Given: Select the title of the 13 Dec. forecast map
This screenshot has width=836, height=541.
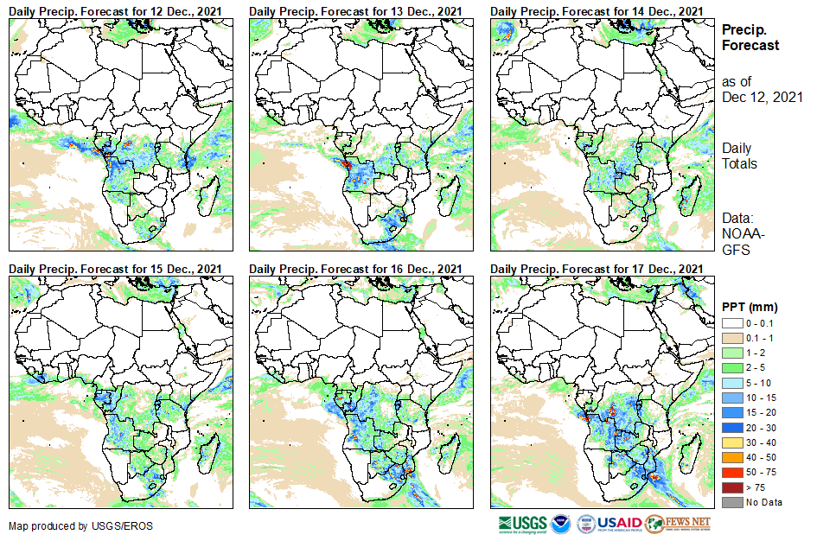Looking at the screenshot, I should coord(356,10).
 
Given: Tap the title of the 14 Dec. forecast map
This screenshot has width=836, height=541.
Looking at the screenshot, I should coord(597,10).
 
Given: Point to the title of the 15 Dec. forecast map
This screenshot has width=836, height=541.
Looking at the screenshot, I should coord(116,270).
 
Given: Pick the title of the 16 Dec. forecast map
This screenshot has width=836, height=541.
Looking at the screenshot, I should coord(356,270).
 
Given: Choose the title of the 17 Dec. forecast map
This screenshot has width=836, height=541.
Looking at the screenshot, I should coord(597,270).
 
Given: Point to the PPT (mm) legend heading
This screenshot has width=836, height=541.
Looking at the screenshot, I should coord(750,307).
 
